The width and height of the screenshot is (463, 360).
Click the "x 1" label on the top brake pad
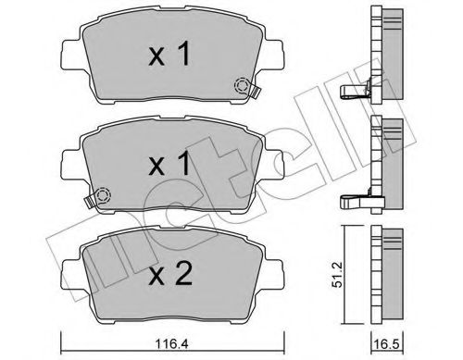pos(171,56)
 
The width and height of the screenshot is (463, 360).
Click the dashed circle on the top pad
pos(244,87)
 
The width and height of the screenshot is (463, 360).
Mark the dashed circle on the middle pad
pos(103,195)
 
